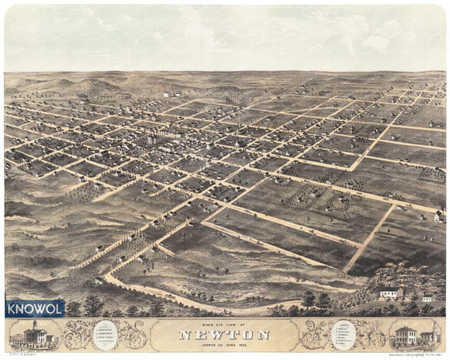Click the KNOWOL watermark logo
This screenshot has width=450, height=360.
click(35, 308)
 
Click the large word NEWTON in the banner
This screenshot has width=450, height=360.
click(224, 335)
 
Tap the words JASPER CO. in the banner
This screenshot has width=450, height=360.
click(210, 345)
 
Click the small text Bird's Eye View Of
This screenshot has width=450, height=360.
click(224, 325)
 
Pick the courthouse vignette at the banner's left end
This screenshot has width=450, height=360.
click(34, 336)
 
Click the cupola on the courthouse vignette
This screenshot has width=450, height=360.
click(36, 325)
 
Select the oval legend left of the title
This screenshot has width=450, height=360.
click(105, 335)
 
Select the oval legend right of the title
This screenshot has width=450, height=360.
click(343, 335)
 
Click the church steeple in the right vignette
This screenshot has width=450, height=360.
click(434, 328)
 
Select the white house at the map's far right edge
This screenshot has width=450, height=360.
click(438, 217)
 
